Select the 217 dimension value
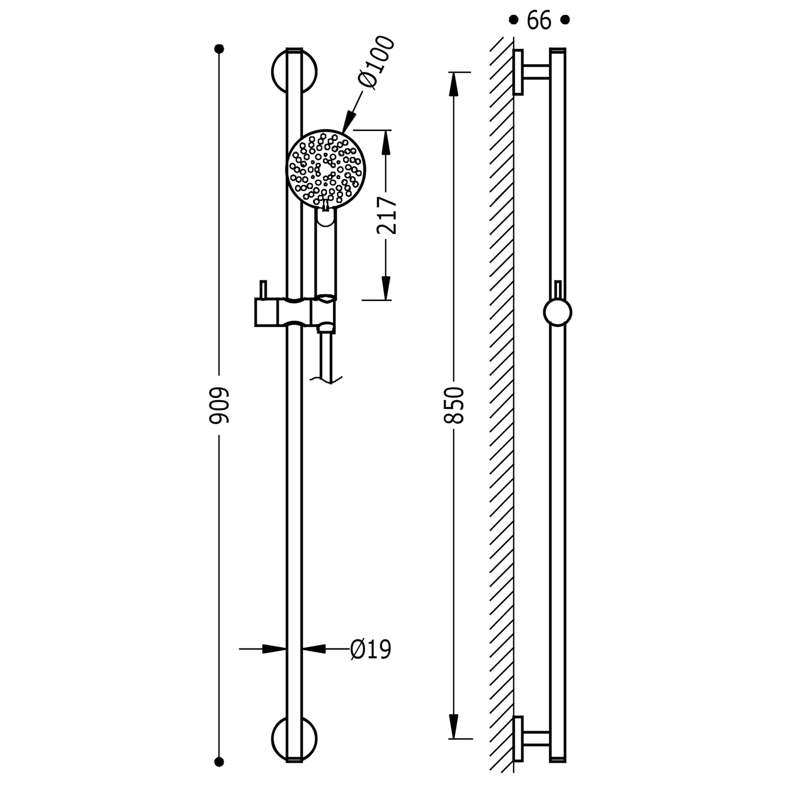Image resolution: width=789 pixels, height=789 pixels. [387, 215]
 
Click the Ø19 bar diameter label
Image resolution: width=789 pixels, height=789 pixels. [371, 649]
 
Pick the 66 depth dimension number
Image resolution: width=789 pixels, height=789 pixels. [539, 21]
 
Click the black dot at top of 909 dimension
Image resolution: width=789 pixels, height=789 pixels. [219, 49]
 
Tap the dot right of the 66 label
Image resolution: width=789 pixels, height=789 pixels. [565, 20]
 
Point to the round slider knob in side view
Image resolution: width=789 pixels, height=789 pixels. [558, 312]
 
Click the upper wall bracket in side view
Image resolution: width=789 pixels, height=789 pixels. [531, 73]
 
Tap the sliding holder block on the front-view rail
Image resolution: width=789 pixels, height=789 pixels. [294, 312]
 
